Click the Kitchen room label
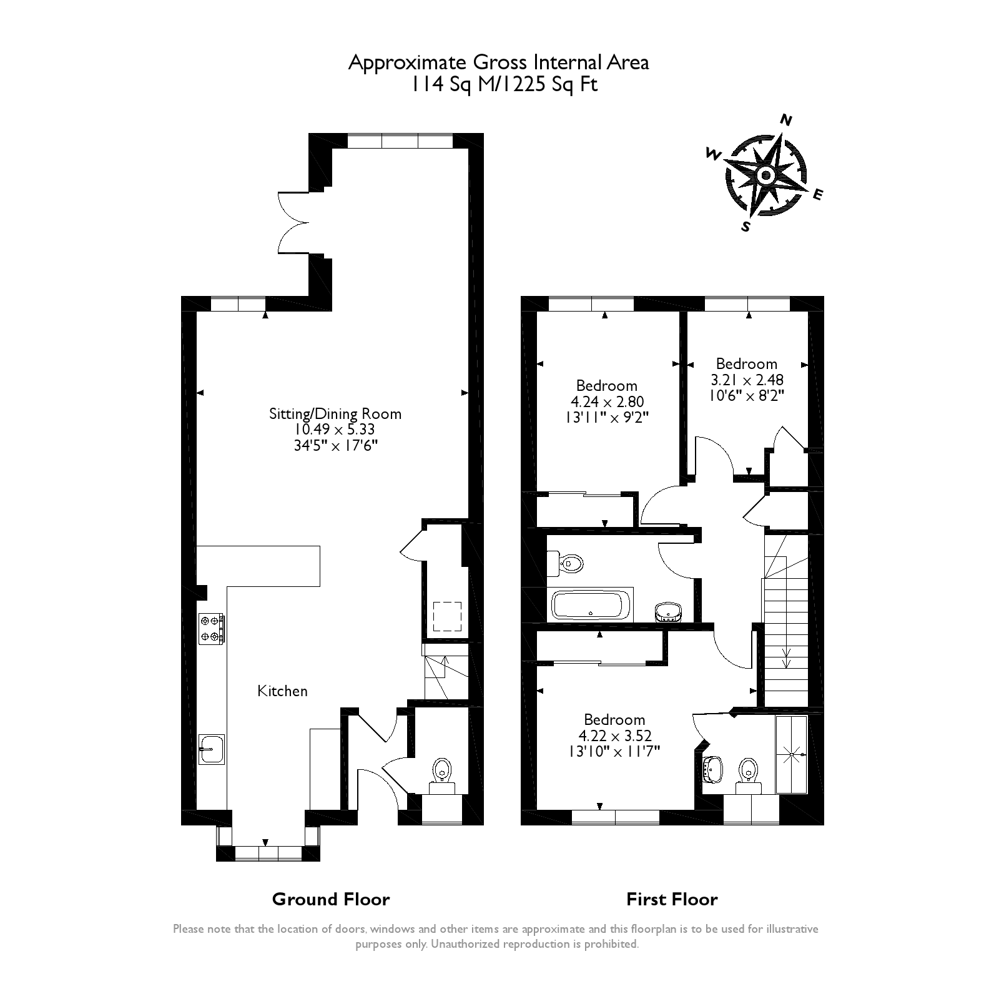tap(282, 691)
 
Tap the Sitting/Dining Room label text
tap(335, 414)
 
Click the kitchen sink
tap(212, 749)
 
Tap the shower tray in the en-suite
tap(791, 755)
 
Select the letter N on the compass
tap(787, 121)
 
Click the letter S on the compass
tap(746, 227)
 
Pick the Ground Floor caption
tap(331, 899)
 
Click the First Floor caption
tap(672, 899)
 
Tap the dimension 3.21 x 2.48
tap(747, 380)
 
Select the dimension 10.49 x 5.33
tap(335, 430)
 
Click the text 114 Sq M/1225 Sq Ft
tap(503, 84)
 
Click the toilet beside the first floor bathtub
tap(565, 563)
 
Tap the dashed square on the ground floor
tap(448, 616)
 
